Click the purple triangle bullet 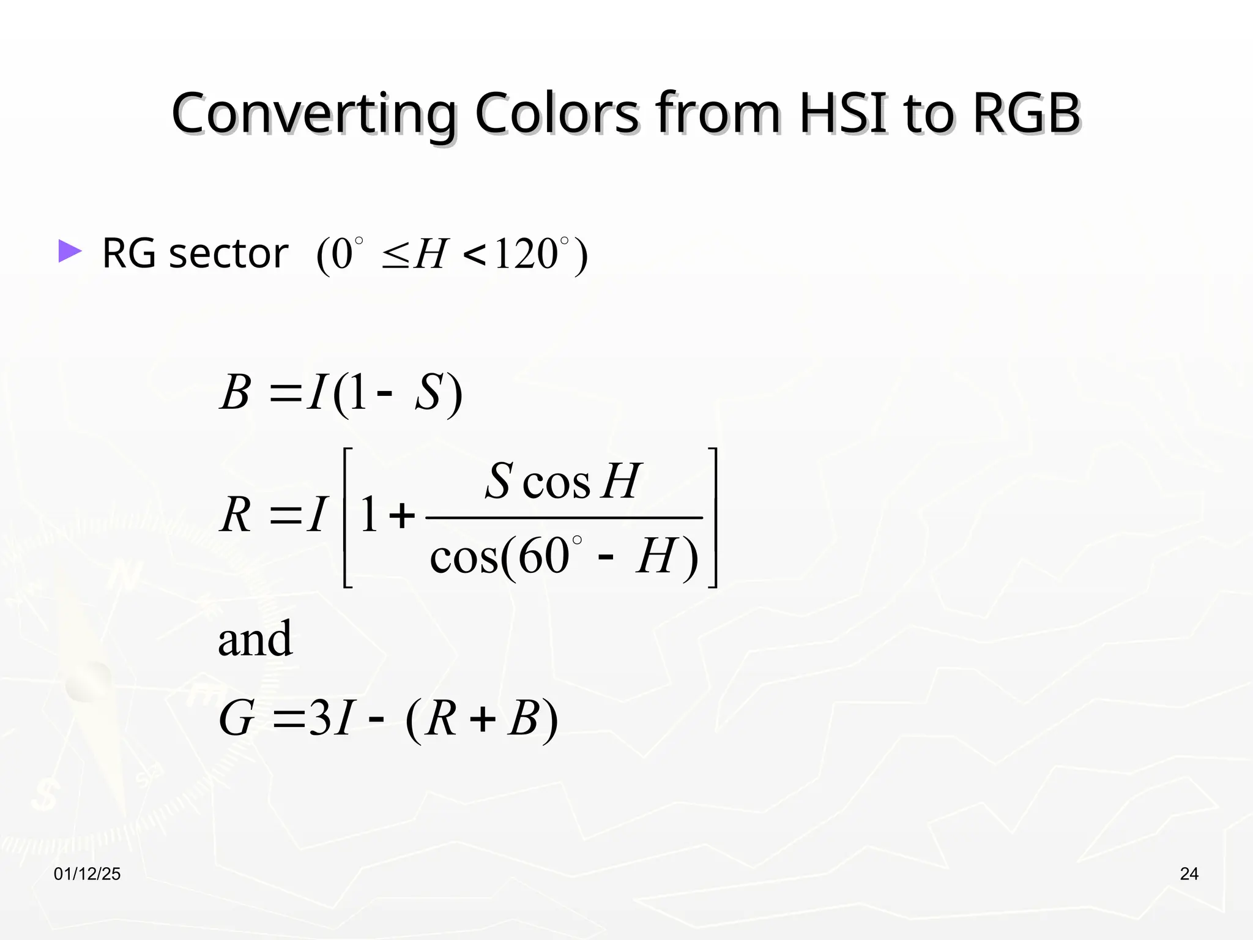click(x=70, y=252)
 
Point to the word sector click(x=228, y=253)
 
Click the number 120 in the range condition click(x=526, y=255)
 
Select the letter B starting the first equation click(x=236, y=392)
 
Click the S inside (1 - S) click(x=428, y=392)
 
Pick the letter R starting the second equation click(x=236, y=515)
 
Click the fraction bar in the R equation click(x=563, y=518)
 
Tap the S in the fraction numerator click(x=498, y=481)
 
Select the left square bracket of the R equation click(x=348, y=518)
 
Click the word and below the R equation click(x=255, y=639)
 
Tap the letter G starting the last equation click(x=236, y=718)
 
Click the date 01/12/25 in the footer click(x=87, y=874)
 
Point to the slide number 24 click(x=1189, y=874)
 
